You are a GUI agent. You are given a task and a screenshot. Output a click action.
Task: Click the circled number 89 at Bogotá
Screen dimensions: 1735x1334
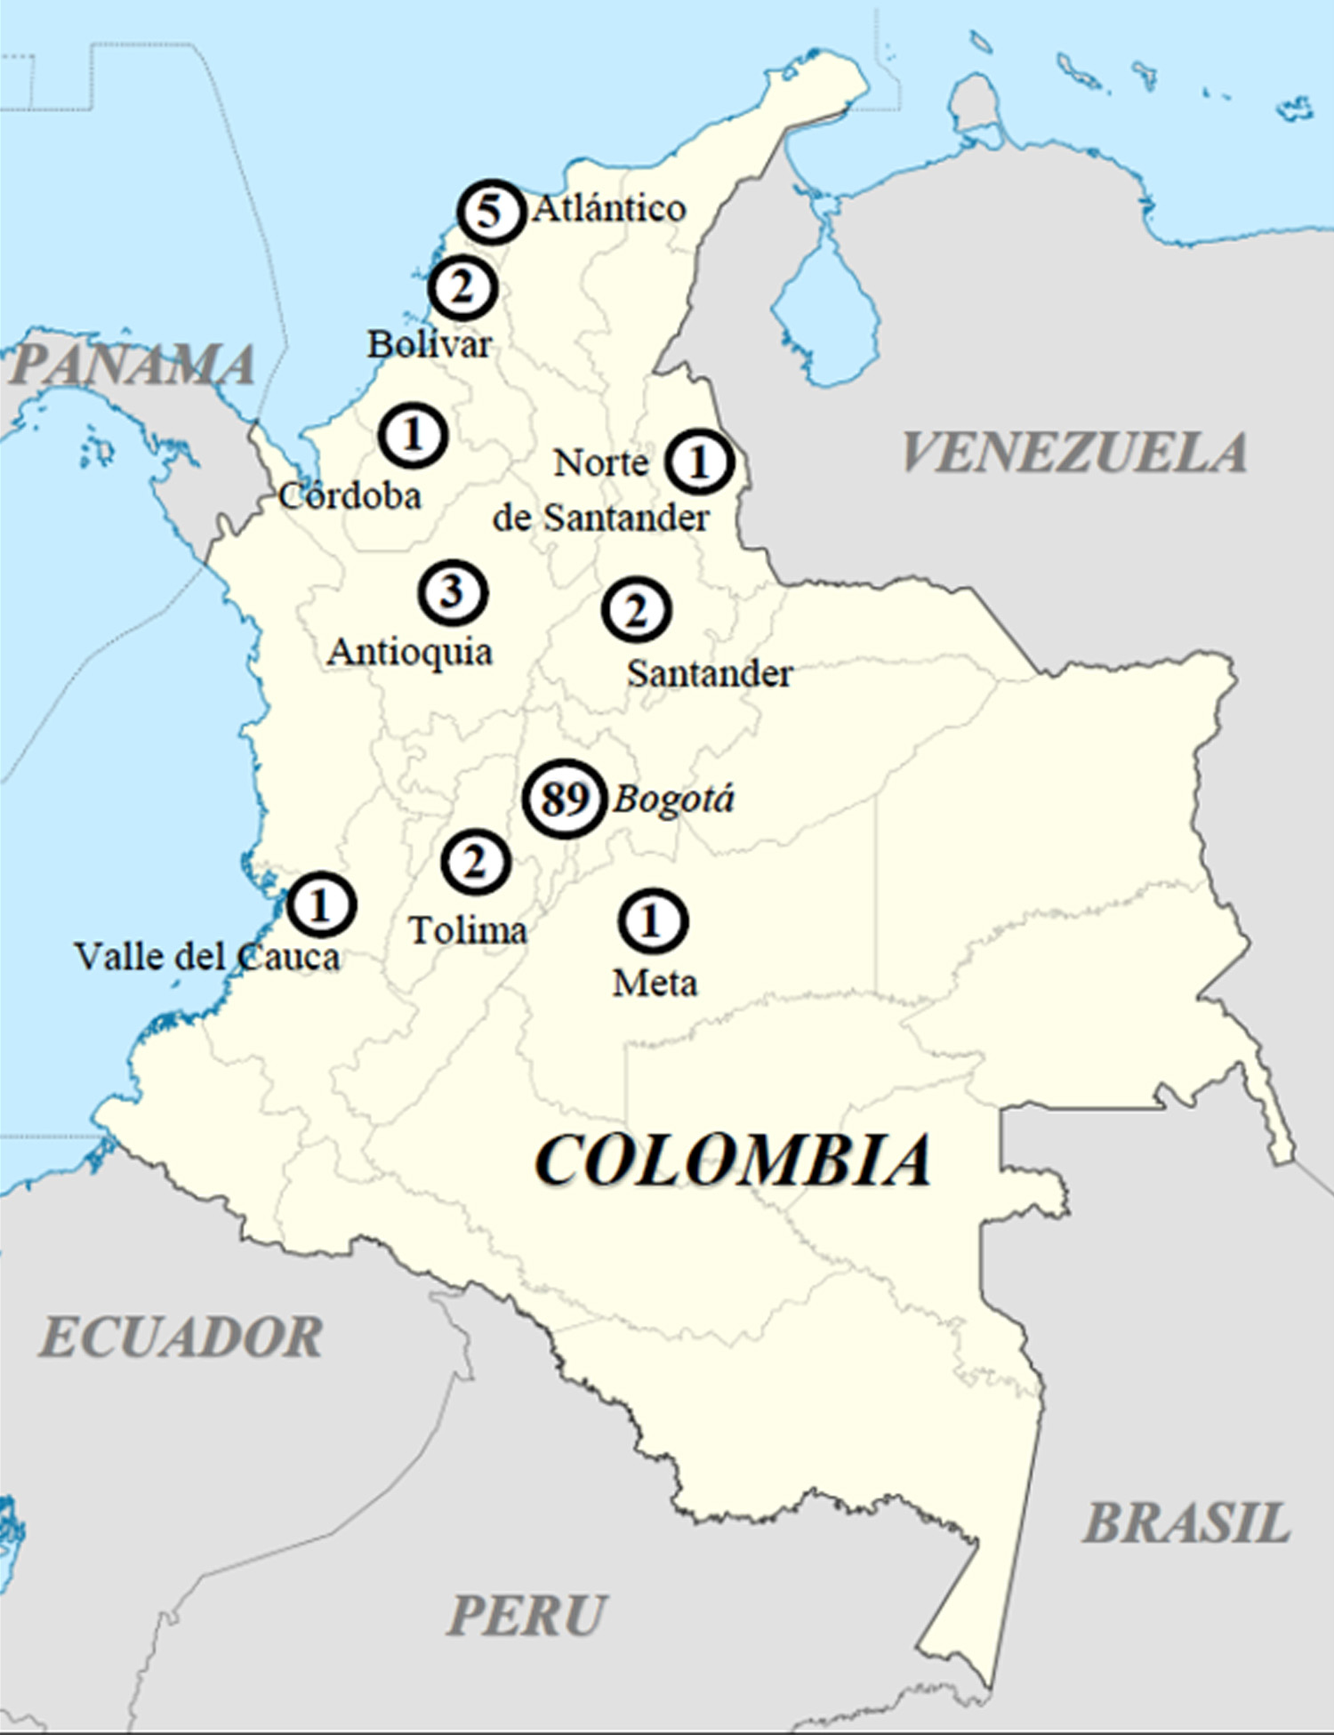pyautogui.click(x=564, y=799)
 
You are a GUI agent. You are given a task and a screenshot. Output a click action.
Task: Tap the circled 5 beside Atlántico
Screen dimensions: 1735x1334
pyautogui.click(x=491, y=213)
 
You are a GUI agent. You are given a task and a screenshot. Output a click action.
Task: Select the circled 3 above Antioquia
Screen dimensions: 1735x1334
pyautogui.click(x=453, y=592)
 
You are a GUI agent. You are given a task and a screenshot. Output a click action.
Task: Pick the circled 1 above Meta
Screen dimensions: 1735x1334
pyautogui.click(x=653, y=920)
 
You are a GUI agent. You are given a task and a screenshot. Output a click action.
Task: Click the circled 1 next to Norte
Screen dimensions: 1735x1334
pyautogui.click(x=700, y=461)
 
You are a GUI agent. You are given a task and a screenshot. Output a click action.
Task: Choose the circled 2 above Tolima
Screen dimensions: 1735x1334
pyautogui.click(x=476, y=861)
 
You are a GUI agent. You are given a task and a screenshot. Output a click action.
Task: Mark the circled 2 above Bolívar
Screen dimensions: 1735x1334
pyautogui.click(x=462, y=288)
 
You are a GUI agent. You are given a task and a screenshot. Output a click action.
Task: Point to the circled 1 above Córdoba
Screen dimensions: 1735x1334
pyautogui.click(x=413, y=435)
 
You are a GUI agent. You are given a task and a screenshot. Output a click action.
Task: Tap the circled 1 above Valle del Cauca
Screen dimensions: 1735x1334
pyautogui.click(x=321, y=904)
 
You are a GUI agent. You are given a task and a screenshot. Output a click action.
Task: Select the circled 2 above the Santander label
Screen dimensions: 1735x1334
pyautogui.click(x=637, y=610)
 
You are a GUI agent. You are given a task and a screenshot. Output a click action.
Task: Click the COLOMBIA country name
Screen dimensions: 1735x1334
pyautogui.click(x=733, y=1161)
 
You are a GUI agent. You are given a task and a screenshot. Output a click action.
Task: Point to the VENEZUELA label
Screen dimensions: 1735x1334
pyautogui.click(x=1074, y=453)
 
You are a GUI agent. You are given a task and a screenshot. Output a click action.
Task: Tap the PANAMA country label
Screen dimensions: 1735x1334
pyautogui.click(x=132, y=365)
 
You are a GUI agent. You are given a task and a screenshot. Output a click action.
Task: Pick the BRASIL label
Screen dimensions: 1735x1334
pyautogui.click(x=1186, y=1523)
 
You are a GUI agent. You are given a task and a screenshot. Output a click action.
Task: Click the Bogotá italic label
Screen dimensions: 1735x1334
pyautogui.click(x=674, y=799)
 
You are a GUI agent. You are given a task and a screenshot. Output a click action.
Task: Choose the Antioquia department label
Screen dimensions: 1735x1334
pyautogui.click(x=410, y=653)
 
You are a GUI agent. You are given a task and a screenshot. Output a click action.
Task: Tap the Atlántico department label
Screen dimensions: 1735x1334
pyautogui.click(x=610, y=209)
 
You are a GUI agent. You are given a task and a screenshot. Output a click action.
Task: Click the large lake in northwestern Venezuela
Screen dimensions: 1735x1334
pyautogui.click(x=825, y=311)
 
